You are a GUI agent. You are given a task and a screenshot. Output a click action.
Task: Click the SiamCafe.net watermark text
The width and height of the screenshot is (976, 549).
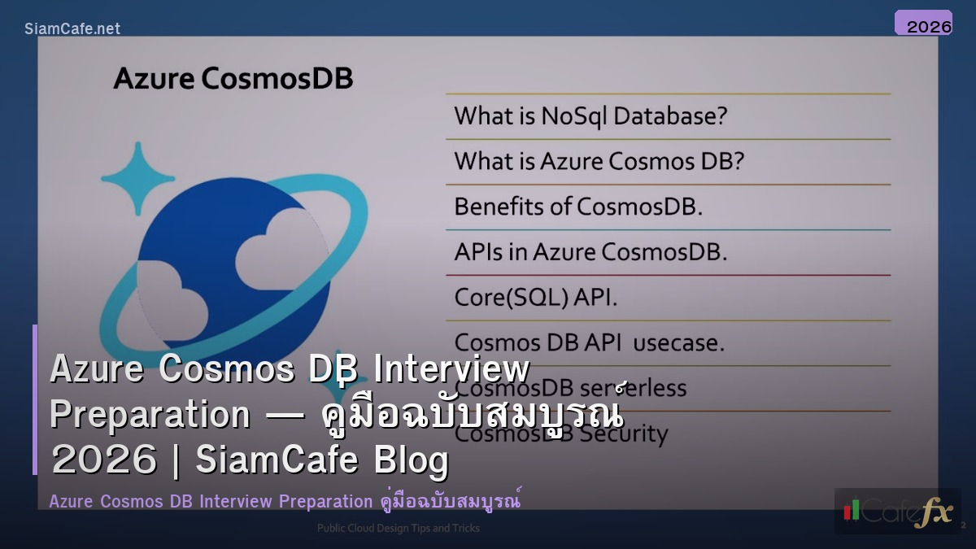pyautogui.click(x=72, y=28)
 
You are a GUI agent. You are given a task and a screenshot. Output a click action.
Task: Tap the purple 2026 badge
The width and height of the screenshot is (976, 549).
pyautogui.click(x=923, y=24)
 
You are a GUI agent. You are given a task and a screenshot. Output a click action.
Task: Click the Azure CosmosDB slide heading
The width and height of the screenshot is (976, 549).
pyautogui.click(x=233, y=79)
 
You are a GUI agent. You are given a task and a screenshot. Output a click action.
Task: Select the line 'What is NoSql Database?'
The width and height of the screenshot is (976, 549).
pyautogui.click(x=590, y=116)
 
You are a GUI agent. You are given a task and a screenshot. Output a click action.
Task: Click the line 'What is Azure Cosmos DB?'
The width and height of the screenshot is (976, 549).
pyautogui.click(x=599, y=161)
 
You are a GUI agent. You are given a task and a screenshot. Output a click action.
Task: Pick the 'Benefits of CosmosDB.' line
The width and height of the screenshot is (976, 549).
pyautogui.click(x=577, y=207)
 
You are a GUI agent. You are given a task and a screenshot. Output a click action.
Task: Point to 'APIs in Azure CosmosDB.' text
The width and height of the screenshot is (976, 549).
pyautogui.click(x=590, y=252)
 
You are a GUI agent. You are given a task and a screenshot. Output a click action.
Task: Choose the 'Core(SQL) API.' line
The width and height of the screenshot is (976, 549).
pyautogui.click(x=535, y=298)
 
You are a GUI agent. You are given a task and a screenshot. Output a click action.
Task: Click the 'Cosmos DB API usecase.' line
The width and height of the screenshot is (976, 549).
pyautogui.click(x=588, y=342)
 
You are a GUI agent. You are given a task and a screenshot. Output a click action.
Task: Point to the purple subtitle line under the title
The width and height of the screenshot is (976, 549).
pyautogui.click(x=285, y=501)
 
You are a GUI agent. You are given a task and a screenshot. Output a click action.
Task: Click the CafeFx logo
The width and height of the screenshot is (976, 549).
pyautogui.click(x=897, y=511)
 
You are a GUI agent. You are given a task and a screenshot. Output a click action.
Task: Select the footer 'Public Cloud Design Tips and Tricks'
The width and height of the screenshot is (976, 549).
pyautogui.click(x=398, y=529)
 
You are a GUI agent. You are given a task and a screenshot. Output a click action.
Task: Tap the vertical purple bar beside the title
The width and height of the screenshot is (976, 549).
pyautogui.click(x=35, y=399)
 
